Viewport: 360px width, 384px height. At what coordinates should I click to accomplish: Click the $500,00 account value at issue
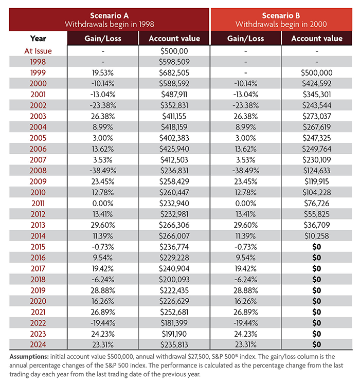tap(175, 51)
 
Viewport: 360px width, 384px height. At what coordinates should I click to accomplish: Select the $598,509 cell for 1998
tap(175, 62)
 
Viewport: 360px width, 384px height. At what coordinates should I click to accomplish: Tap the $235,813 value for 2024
tap(175, 344)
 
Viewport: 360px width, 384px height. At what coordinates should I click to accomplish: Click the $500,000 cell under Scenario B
tap(317, 72)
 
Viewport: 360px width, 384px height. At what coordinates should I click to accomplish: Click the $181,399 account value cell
tap(175, 322)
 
